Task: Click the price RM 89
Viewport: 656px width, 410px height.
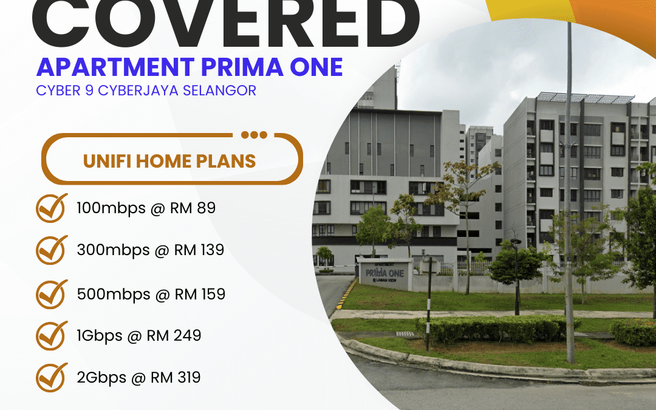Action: click(x=193, y=208)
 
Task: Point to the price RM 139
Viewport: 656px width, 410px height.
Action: click(x=199, y=250)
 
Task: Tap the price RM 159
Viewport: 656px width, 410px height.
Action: click(x=200, y=294)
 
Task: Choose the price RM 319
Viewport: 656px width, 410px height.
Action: click(x=176, y=377)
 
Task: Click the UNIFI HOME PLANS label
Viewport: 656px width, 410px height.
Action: click(x=169, y=161)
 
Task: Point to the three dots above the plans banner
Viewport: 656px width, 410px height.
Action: click(x=255, y=135)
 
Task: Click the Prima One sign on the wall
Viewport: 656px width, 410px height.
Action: click(x=384, y=273)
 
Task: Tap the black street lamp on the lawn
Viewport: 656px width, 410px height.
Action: click(x=516, y=276)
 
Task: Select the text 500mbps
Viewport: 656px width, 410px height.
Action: click(x=114, y=295)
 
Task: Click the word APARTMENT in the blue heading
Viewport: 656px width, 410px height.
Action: click(x=115, y=67)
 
